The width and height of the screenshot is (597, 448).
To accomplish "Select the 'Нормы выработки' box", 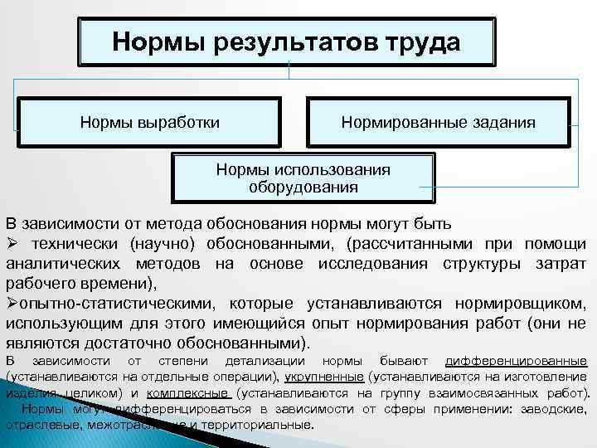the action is pos(150,123).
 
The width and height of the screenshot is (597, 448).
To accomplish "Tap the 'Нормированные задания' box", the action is pos(438,123).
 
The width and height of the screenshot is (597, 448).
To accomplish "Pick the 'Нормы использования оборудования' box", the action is pos(303,178).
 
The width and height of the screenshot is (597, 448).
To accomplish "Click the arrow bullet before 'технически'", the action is pos(12,244).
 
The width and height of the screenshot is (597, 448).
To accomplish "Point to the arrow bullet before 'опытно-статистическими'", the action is pos(10,303).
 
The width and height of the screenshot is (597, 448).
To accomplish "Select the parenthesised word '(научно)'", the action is pos(159,244).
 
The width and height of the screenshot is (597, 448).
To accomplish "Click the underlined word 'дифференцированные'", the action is pos(516,362).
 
